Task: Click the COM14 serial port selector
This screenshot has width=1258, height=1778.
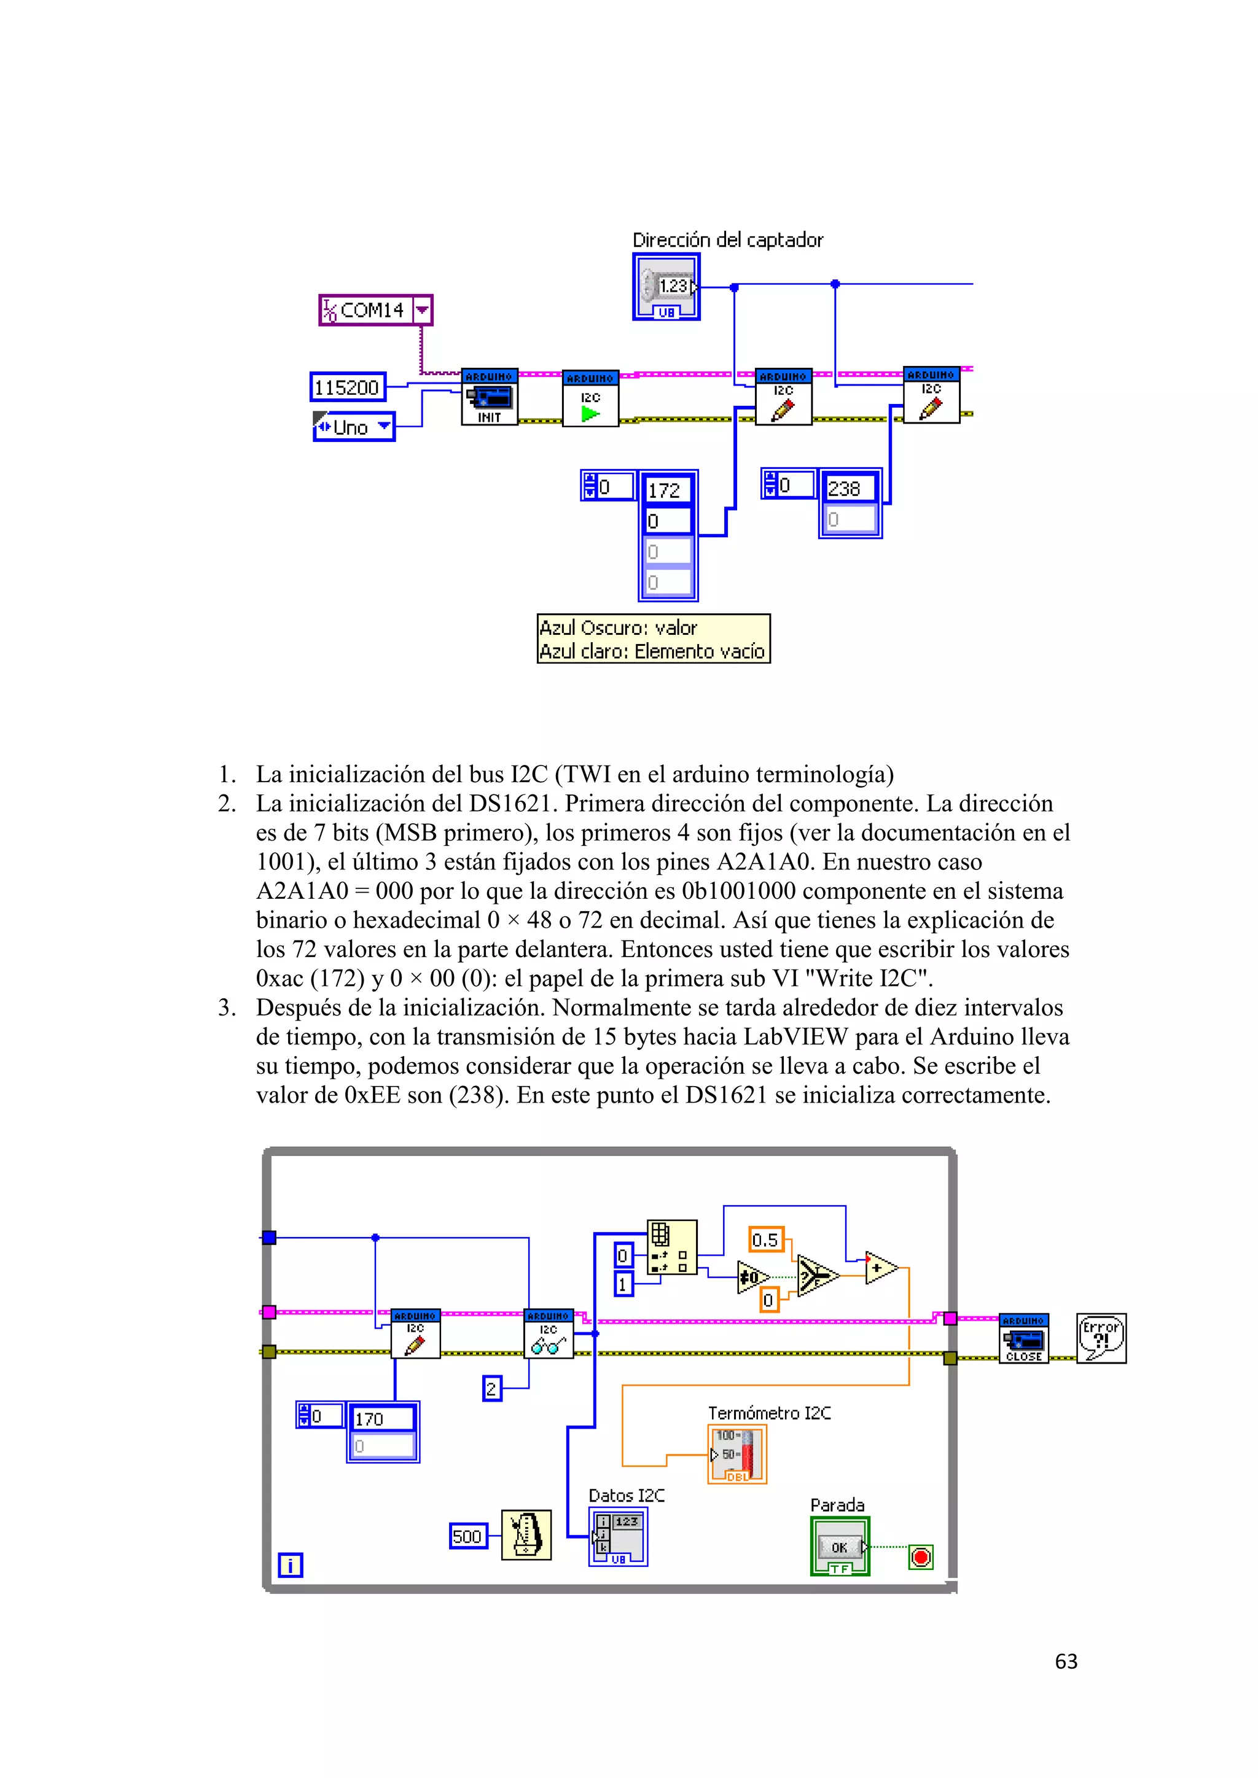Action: [375, 311]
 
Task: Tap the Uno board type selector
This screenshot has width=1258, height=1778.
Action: [354, 427]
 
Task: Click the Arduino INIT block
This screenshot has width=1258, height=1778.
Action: [489, 397]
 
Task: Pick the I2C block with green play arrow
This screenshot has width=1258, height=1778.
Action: [590, 399]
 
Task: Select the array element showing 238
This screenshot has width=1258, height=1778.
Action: [849, 489]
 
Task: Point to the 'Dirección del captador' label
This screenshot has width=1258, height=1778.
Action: [727, 240]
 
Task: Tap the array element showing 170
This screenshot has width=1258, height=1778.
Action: [382, 1419]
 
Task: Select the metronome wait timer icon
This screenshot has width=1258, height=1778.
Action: [526, 1535]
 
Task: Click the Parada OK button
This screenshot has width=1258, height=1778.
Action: [840, 1547]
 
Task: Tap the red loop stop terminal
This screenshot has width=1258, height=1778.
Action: [920, 1556]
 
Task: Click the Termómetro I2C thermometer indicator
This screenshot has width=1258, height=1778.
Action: [736, 1454]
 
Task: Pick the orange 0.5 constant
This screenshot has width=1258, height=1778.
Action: [766, 1240]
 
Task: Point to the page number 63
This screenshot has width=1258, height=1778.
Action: [1066, 1661]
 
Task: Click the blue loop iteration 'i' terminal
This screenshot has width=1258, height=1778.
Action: [290, 1565]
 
